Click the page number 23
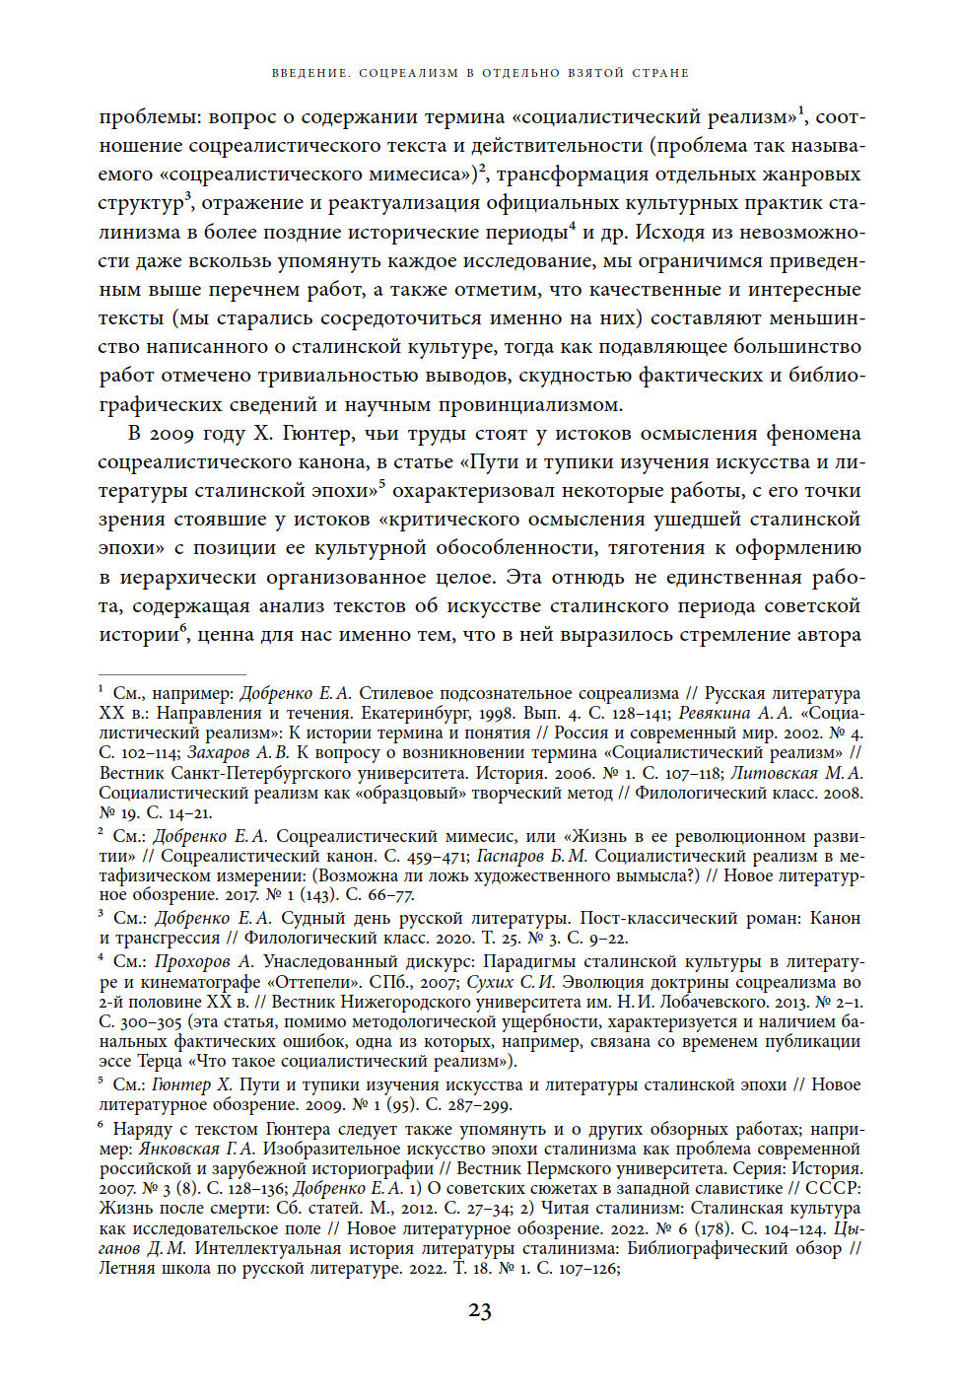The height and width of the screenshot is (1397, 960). pos(479,1310)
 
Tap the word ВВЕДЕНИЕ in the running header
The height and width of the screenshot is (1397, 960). pos(309,73)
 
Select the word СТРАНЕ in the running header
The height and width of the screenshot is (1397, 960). pos(662,73)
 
